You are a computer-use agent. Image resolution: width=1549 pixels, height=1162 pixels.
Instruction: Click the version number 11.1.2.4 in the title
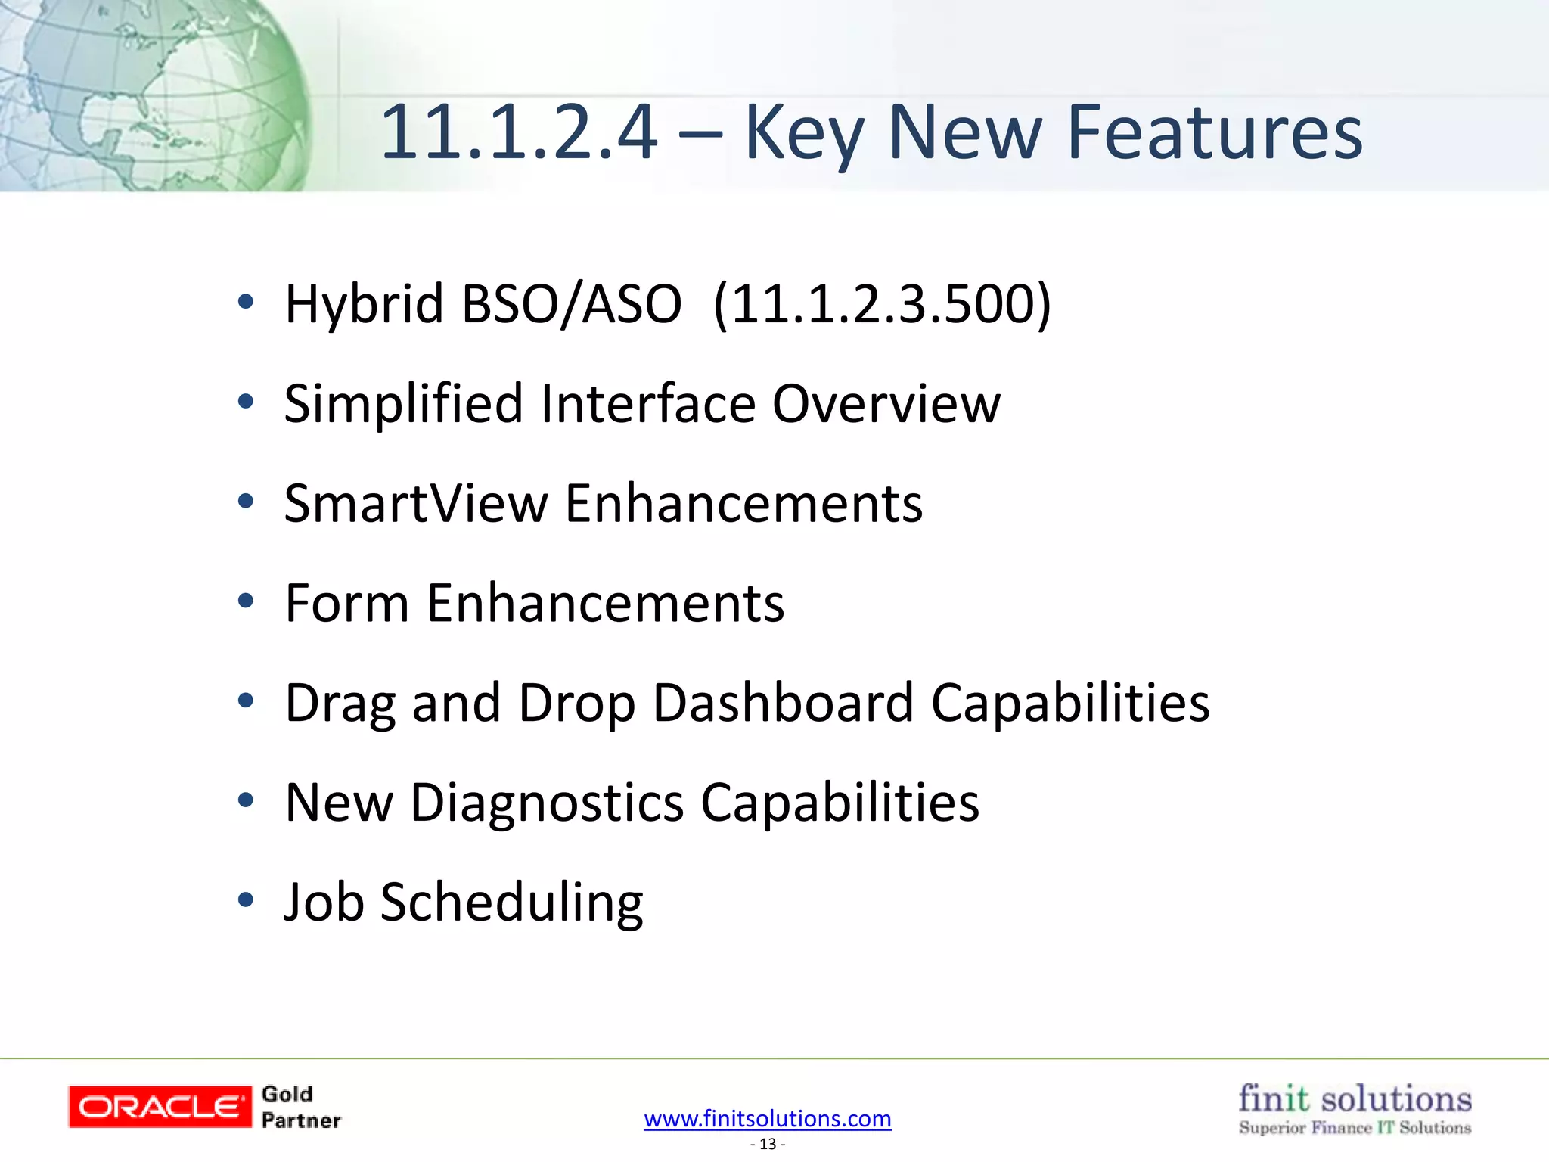click(519, 133)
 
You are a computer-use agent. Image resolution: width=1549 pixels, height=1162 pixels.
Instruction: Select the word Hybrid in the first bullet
click(364, 304)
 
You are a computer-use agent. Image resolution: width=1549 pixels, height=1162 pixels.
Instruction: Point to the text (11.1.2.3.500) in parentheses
click(882, 304)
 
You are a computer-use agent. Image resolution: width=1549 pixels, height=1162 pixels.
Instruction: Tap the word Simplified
click(403, 404)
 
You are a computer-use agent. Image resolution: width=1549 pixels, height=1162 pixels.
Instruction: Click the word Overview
click(886, 404)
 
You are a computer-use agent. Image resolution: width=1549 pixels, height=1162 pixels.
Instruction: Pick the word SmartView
click(415, 504)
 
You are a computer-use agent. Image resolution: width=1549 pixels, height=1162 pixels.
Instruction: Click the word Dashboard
click(783, 704)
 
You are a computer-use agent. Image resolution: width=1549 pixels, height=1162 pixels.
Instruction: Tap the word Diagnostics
click(546, 803)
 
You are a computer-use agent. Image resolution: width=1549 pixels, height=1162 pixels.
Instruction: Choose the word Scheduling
click(511, 903)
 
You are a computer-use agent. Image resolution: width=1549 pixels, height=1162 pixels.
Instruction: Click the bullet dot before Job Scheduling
click(245, 900)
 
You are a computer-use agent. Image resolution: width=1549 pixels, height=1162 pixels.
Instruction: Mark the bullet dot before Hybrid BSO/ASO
click(245, 302)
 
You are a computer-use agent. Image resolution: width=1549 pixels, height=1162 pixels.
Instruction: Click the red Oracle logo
click(160, 1107)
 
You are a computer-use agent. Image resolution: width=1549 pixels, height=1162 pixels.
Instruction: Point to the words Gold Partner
click(300, 1108)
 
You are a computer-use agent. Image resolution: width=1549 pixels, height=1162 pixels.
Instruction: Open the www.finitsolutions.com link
click(767, 1118)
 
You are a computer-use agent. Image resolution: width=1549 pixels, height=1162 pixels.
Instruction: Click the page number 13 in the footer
click(768, 1144)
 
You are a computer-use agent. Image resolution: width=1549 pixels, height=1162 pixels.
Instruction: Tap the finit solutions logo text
click(1354, 1098)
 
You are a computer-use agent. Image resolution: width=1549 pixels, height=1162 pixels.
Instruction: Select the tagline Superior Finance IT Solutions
click(1354, 1128)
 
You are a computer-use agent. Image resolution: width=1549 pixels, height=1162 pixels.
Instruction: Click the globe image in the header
click(151, 95)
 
